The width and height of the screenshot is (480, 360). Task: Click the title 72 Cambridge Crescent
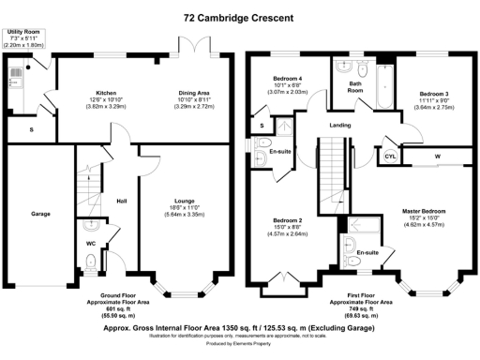240,17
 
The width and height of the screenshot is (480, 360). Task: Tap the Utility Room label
25,32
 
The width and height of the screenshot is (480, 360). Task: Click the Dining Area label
194,94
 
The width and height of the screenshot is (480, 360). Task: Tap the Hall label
121,201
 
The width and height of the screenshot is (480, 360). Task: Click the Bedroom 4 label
287,78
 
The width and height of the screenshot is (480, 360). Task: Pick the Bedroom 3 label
433,95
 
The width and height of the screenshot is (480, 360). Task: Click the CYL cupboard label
390,156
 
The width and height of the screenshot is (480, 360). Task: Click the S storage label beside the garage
32,129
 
